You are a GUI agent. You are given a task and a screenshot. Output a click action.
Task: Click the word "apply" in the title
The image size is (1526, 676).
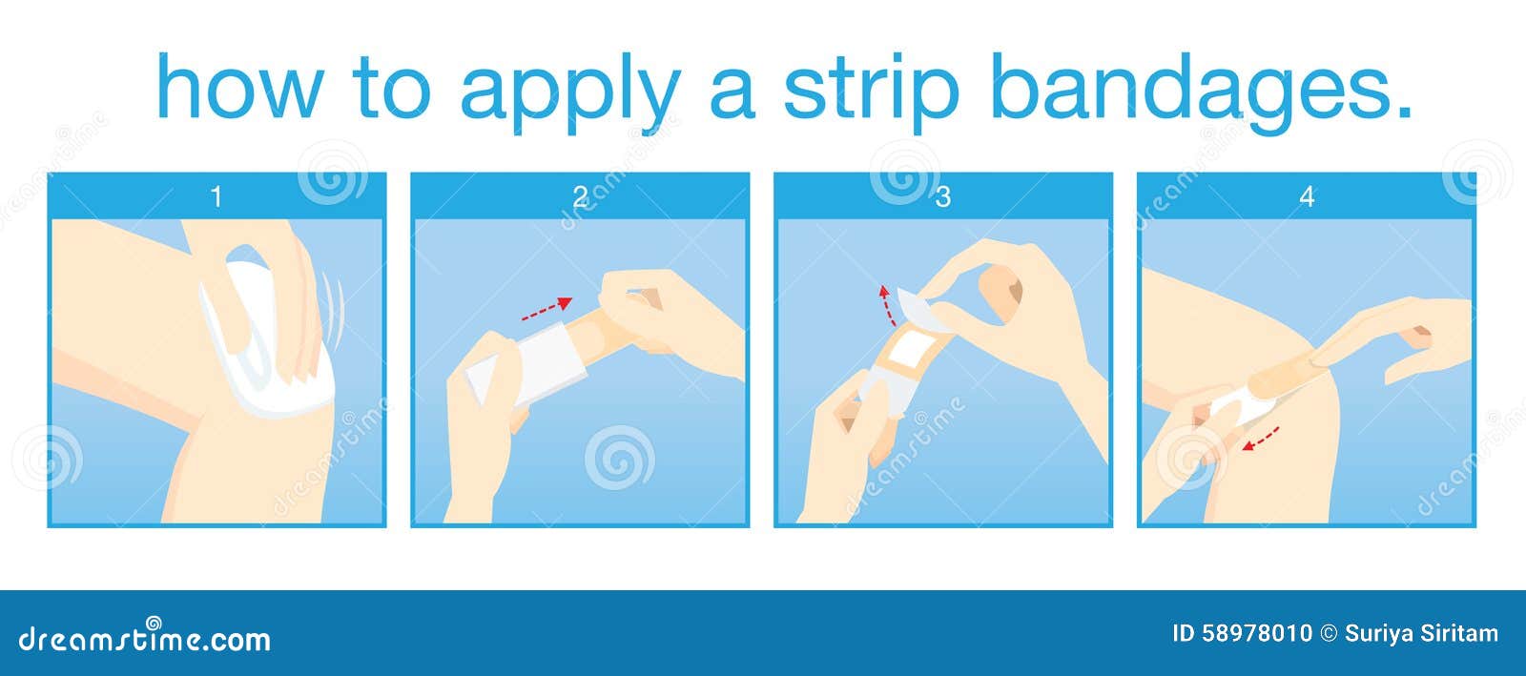[x=571, y=90]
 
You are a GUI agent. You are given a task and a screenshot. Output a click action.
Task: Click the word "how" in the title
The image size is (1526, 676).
[x=239, y=86]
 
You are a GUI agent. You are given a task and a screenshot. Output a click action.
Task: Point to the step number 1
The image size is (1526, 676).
[x=217, y=196]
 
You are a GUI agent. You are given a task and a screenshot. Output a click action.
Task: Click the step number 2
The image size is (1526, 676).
[x=580, y=196]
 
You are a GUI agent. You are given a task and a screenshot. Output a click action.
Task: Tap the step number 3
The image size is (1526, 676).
[x=943, y=196]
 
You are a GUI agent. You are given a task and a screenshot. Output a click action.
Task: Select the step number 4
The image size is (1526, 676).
[x=1307, y=196]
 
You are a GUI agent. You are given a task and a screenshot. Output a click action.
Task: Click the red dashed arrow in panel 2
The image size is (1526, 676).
[x=547, y=308]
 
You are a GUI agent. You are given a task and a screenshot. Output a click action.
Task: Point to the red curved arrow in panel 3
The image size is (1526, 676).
[x=886, y=305]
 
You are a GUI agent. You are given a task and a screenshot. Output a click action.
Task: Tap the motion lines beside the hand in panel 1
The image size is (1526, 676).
[x=334, y=310]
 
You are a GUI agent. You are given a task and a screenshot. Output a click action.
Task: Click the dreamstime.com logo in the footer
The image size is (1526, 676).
[x=144, y=638]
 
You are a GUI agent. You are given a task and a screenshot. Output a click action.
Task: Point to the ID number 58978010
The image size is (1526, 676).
[x=1258, y=634]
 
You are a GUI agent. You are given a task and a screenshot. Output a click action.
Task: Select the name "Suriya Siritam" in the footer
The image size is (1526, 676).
[x=1422, y=634]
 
